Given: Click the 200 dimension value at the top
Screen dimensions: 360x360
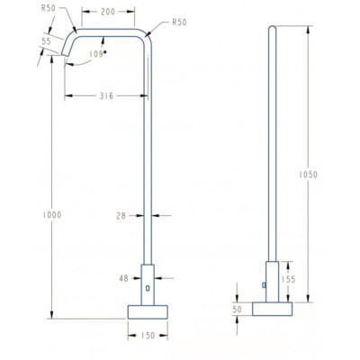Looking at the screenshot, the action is (x=108, y=12).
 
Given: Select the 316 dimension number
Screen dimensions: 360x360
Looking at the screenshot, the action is (x=106, y=96).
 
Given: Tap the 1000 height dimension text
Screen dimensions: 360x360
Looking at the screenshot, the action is (x=52, y=215).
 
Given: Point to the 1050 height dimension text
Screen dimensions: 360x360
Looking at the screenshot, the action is (x=308, y=175).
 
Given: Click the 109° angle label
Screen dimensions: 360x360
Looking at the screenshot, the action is (x=97, y=54).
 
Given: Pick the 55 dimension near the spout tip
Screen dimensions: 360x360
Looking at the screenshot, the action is (x=46, y=41).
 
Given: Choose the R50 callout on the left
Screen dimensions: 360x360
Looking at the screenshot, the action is (x=49, y=8).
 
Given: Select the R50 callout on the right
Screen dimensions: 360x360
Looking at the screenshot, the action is (x=179, y=22).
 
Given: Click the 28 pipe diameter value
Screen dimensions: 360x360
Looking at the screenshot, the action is (x=121, y=216).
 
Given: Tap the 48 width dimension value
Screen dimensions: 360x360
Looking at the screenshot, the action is (x=123, y=278).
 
